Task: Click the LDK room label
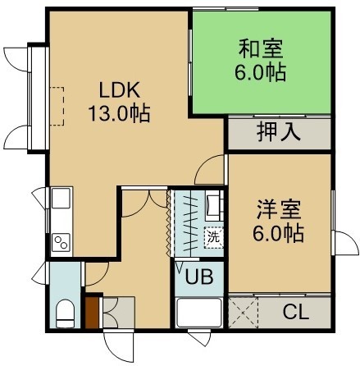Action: coord(119,90)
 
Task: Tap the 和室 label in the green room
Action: coord(261,48)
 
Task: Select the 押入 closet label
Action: coord(279,133)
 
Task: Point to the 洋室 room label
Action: coord(279,209)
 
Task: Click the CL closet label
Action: coord(296,312)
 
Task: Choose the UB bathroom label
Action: coord(199,277)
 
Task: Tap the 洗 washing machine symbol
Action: coord(213,237)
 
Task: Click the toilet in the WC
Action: coord(65,313)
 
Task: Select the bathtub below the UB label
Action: coord(199,313)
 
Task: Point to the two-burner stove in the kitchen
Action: coord(62,241)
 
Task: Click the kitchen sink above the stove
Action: coord(61,198)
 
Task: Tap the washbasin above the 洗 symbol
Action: coord(214,205)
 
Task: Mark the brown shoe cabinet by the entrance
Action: coord(92,312)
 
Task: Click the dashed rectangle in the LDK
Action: coord(57,106)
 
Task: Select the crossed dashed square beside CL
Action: coord(244,313)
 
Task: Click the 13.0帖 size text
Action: coord(119,113)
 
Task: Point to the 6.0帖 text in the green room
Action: coord(261,72)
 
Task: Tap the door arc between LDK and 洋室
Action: coord(208,167)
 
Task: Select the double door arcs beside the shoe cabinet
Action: coord(110,313)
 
